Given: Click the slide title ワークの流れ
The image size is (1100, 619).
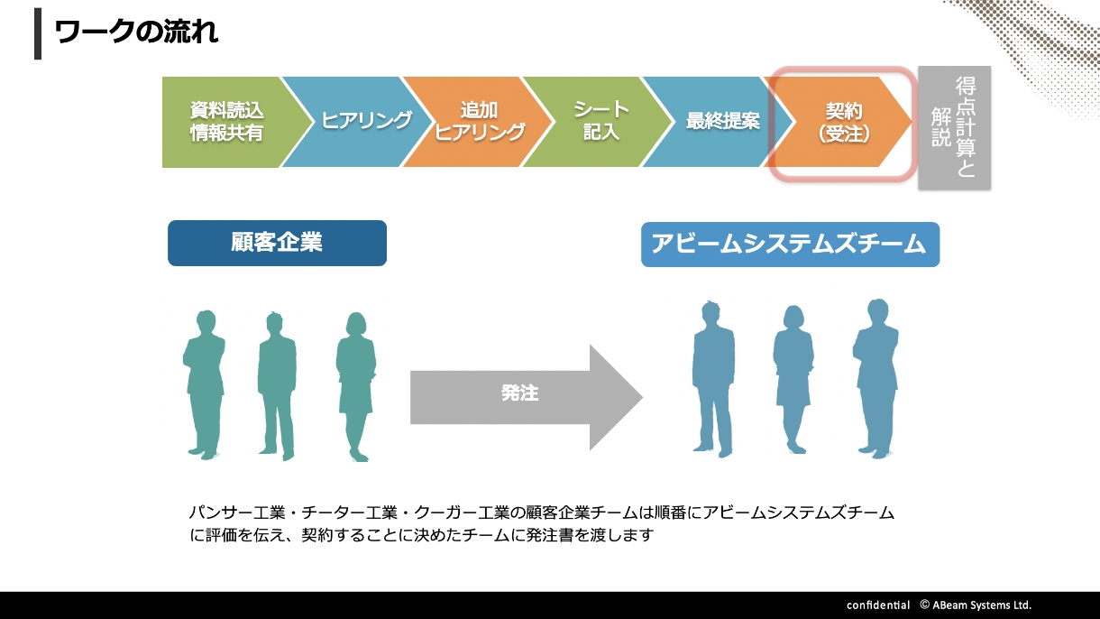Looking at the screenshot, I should [136, 32].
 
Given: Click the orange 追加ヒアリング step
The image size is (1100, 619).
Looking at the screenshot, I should [479, 122].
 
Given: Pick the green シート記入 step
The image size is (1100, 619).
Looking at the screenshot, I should [600, 122].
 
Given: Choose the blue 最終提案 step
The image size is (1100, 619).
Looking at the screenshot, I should [721, 122].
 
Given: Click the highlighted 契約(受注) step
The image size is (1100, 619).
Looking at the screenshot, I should [843, 122].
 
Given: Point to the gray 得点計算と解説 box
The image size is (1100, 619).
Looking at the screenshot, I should [954, 127].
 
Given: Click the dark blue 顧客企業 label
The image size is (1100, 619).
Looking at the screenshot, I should [277, 243].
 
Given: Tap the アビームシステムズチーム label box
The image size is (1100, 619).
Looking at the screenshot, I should [790, 245].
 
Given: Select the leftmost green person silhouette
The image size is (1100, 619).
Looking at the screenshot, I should [204, 383].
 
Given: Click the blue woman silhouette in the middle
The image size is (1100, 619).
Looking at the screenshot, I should [793, 379].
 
